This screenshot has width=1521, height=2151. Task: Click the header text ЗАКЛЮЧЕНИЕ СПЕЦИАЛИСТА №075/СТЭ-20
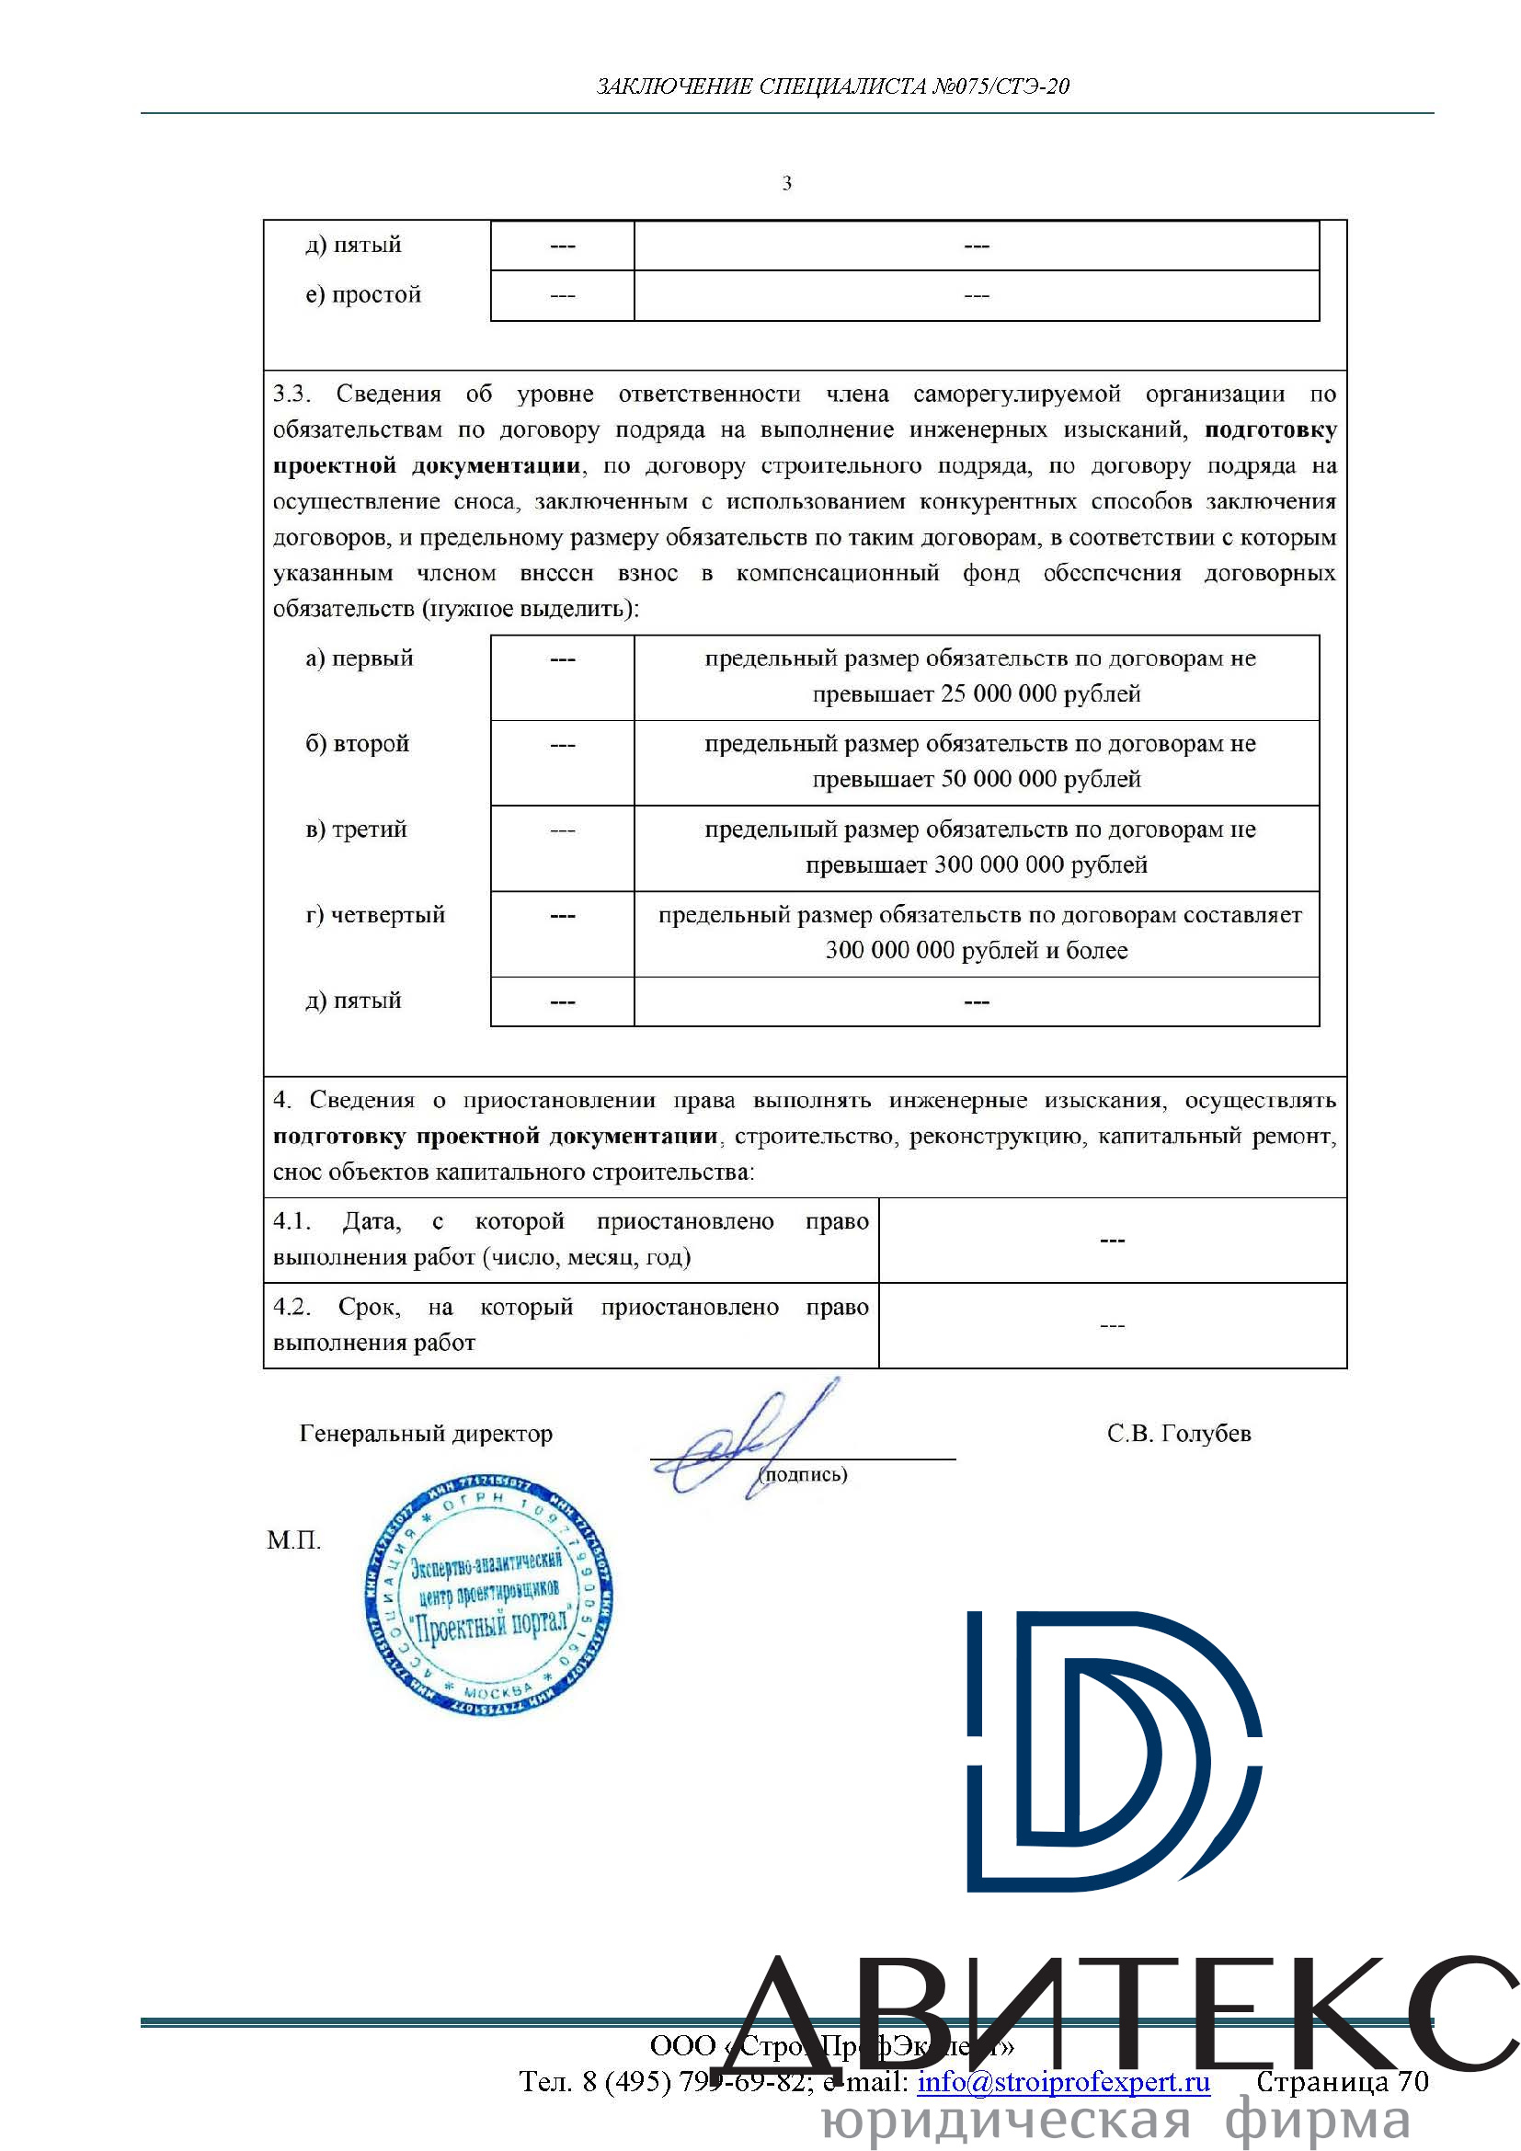(x=832, y=86)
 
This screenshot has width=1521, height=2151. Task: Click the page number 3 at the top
(x=787, y=184)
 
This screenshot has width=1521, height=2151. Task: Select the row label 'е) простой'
(x=363, y=295)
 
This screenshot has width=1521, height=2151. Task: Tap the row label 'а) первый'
(x=359, y=658)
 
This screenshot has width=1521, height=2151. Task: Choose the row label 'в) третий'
(x=356, y=830)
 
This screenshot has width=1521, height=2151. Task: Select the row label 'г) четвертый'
(x=374, y=915)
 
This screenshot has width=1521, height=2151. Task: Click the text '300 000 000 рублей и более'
(x=976, y=951)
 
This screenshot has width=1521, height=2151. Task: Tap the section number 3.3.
(x=292, y=395)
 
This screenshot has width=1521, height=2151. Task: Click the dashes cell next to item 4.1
(x=1112, y=1241)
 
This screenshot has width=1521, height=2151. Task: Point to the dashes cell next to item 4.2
(x=1112, y=1326)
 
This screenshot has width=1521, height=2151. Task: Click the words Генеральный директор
(x=426, y=1435)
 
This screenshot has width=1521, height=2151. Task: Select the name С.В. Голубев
(x=1178, y=1435)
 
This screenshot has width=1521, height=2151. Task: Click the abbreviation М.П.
(x=294, y=1540)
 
